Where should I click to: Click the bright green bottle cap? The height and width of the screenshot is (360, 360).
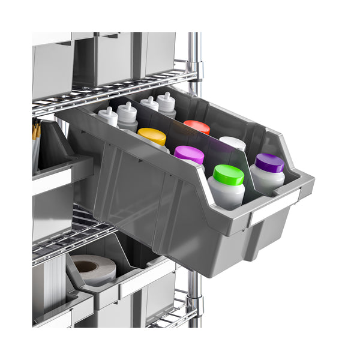coord(229,174)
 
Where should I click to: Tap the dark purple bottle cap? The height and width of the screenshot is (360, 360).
coord(269,163)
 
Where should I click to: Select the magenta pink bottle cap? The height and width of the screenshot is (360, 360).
coord(189,154)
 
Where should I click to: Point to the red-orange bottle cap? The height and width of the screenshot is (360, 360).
coord(197,127)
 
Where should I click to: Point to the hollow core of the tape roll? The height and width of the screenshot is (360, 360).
coord(86,266)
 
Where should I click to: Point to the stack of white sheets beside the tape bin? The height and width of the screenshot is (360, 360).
coord(54,282)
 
